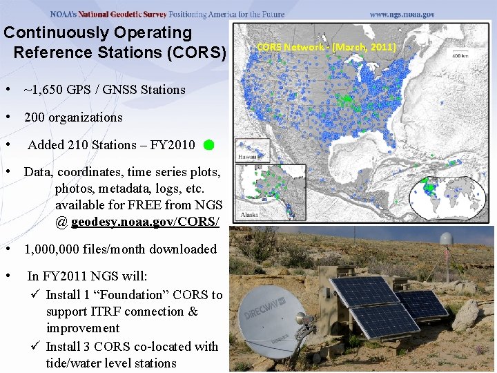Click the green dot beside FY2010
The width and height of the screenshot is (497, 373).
pos(208,146)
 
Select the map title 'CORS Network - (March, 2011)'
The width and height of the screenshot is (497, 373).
pos(327,47)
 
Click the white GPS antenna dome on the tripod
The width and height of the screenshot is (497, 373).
pos(447,238)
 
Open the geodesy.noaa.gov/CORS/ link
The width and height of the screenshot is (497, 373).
pos(145,222)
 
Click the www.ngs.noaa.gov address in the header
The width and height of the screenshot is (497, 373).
pos(402,14)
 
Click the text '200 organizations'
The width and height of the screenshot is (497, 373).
pos(73,117)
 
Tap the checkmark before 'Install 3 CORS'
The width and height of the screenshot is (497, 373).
pos(38,347)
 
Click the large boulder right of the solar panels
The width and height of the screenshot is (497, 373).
pos(465,315)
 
